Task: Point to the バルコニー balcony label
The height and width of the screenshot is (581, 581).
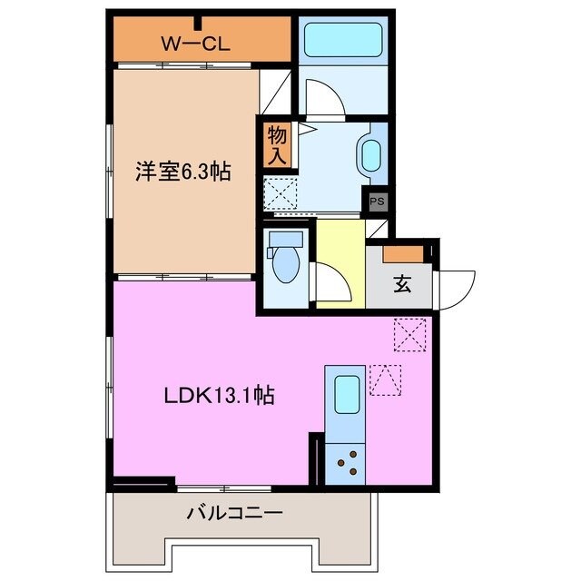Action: [235, 514]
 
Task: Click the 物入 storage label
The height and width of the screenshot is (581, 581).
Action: [277, 145]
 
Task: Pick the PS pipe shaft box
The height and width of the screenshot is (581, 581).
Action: [377, 202]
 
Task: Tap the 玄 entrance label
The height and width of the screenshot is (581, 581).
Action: [401, 284]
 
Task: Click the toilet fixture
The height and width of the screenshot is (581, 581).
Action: [284, 258]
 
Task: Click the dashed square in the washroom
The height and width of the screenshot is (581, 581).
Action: [279, 192]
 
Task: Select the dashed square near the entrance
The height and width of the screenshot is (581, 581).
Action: [409, 335]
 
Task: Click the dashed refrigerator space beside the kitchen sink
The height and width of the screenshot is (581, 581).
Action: [385, 380]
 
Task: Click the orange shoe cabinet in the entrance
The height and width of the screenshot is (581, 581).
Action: [402, 254]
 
